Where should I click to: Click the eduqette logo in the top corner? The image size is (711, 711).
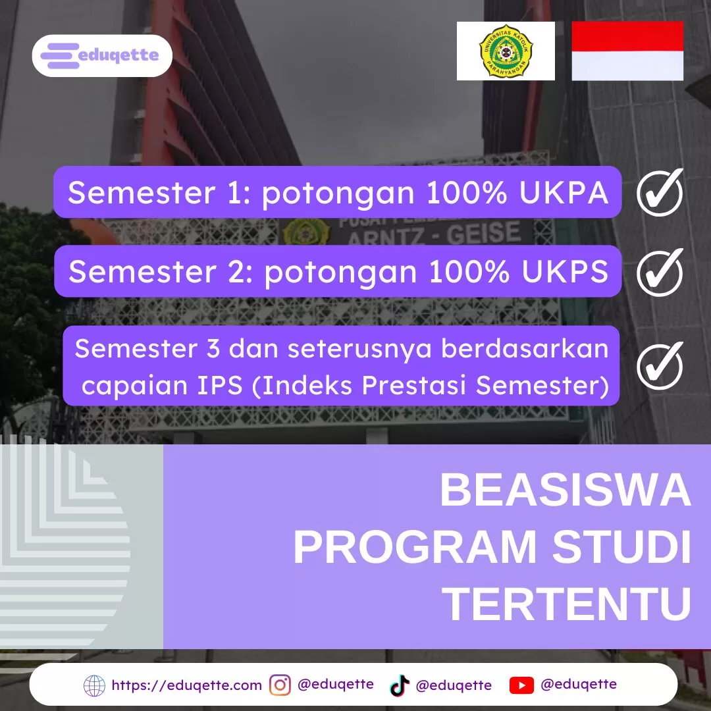click(x=102, y=55)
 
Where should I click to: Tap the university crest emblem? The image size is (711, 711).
click(x=506, y=51)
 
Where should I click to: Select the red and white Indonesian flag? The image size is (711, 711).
click(x=627, y=51)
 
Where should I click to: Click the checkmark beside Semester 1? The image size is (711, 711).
click(x=660, y=192)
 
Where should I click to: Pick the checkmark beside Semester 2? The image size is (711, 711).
click(x=660, y=272)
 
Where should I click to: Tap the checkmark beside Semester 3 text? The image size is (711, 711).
click(x=660, y=365)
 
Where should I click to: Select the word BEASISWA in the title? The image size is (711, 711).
click(x=565, y=490)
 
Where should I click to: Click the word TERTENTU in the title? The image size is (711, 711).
click(x=569, y=604)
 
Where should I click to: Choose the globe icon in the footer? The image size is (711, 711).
click(x=94, y=685)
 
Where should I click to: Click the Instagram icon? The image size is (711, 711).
click(x=280, y=685)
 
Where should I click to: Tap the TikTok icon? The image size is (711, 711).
click(x=400, y=685)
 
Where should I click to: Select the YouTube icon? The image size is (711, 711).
click(x=521, y=685)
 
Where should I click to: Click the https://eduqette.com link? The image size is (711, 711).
click(x=186, y=685)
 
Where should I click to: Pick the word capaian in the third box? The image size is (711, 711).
click(x=122, y=385)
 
